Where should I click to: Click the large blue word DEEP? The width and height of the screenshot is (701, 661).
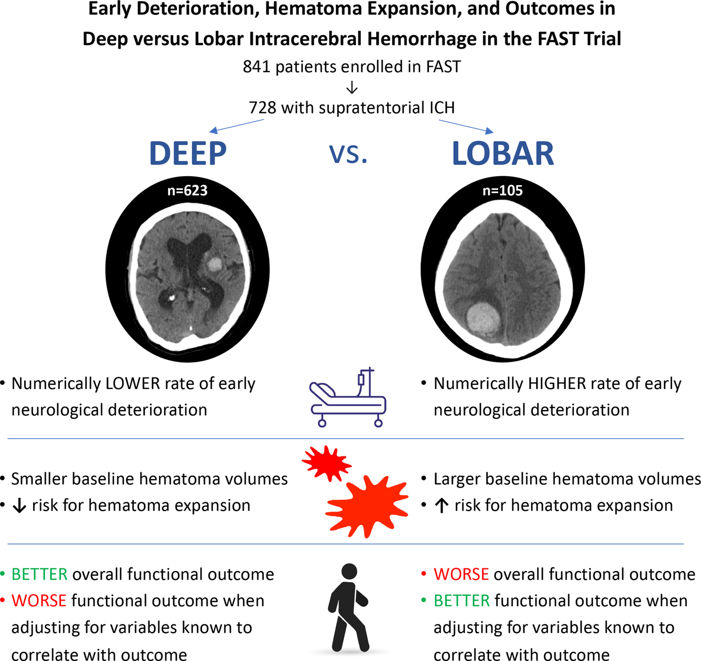click(188, 154)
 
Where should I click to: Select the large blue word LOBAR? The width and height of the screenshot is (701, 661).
click(503, 154)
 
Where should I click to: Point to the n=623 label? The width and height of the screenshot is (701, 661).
click(187, 190)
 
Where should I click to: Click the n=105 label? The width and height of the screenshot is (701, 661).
click(502, 190)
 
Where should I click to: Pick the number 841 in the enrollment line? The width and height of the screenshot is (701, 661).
click(256, 67)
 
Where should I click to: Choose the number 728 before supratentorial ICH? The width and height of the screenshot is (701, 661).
click(262, 108)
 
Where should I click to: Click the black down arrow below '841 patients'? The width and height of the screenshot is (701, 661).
click(352, 87)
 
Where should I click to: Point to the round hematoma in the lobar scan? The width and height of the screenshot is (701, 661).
click(482, 318)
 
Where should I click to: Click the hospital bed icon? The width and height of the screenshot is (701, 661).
click(348, 398)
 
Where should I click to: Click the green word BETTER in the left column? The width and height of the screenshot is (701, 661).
click(39, 574)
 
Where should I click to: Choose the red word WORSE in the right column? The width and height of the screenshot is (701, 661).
click(461, 574)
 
